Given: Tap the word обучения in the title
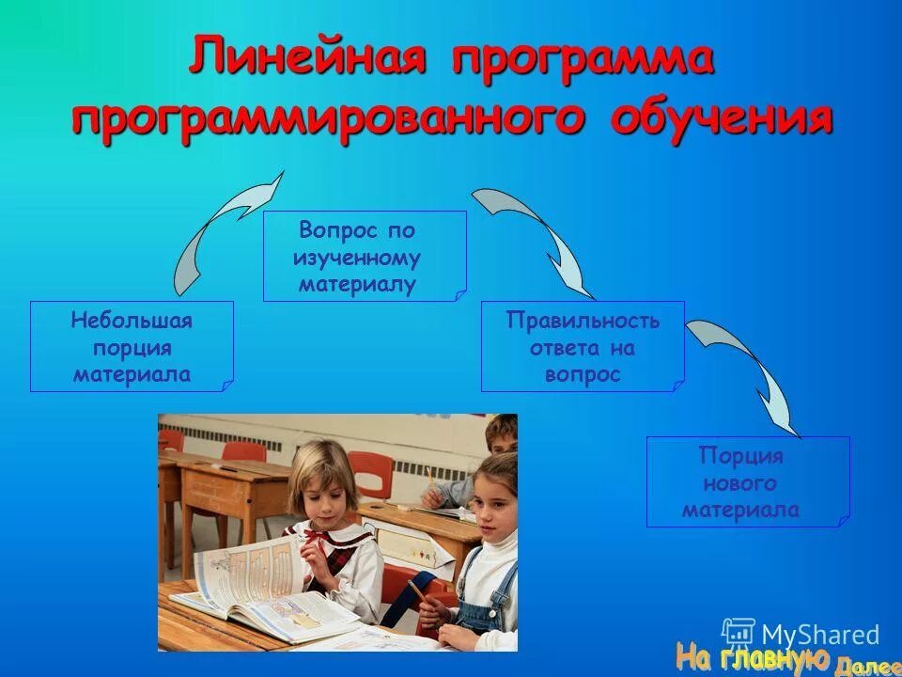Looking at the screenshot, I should click(722, 120).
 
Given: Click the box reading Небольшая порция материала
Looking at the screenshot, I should click(132, 346).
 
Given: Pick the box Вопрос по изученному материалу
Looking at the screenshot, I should click(364, 256).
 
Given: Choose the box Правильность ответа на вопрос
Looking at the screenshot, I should click(583, 346).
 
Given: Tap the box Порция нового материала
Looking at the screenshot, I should click(748, 481).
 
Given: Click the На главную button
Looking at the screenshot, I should click(752, 655).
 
